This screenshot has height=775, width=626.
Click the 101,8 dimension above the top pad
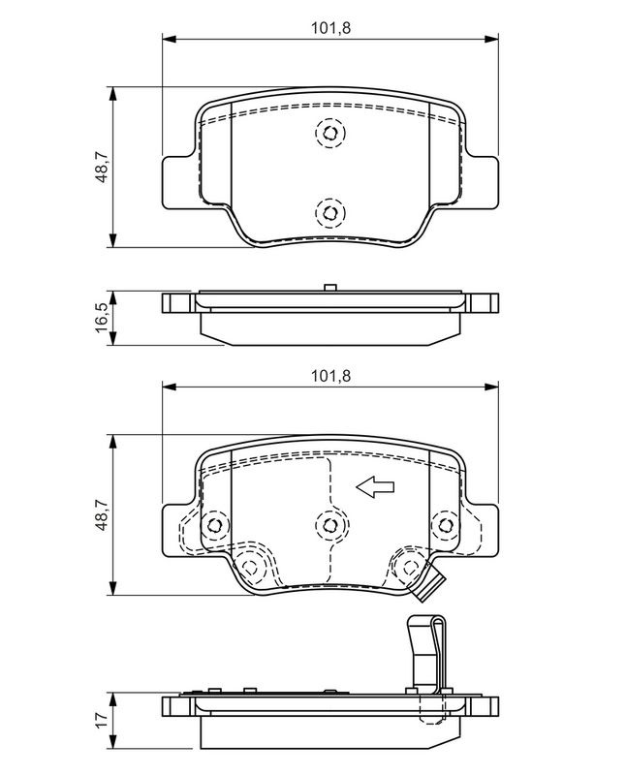(330, 28)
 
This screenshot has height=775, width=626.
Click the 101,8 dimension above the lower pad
(330, 376)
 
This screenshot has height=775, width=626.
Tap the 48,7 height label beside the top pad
(103, 167)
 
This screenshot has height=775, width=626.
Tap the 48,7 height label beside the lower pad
(103, 514)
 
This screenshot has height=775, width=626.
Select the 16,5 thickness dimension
(103, 318)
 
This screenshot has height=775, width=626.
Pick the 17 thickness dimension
(103, 719)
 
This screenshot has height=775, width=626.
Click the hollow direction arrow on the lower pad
(375, 487)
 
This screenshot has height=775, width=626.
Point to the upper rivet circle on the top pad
(330, 133)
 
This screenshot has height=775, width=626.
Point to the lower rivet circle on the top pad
(330, 213)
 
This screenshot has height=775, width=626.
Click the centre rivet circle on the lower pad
(330, 525)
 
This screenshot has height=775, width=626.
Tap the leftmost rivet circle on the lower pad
(214, 525)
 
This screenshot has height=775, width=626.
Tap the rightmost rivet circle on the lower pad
(446, 525)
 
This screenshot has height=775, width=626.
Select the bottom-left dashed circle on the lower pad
(251, 567)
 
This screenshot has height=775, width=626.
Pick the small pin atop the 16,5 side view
(330, 288)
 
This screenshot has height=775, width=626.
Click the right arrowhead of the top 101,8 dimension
(491, 39)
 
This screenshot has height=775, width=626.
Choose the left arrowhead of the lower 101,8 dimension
(170, 387)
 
